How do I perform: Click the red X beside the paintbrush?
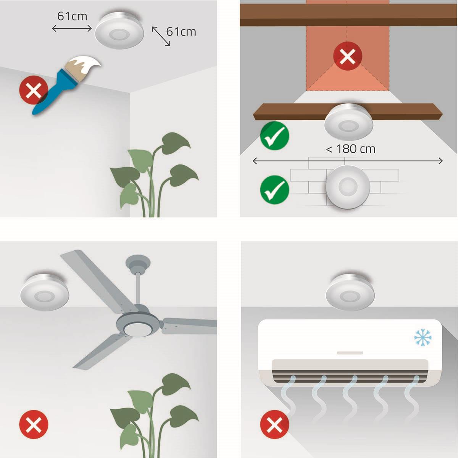pyautogui.click(x=34, y=90)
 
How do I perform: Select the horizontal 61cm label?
pyautogui.click(x=72, y=16)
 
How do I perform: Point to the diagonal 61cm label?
pyautogui.click(x=181, y=32)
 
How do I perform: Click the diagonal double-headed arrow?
pyautogui.click(x=161, y=36)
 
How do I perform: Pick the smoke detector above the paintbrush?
pyautogui.click(x=119, y=30)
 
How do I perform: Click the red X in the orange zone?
pyautogui.click(x=347, y=56)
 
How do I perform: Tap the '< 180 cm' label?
pyautogui.click(x=351, y=149)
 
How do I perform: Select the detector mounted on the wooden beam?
pyautogui.click(x=349, y=122)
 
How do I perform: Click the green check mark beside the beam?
pyautogui.click(x=275, y=135)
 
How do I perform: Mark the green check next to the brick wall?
pyautogui.click(x=275, y=190)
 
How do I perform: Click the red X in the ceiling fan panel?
pyautogui.click(x=34, y=424)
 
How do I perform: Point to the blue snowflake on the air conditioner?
pyautogui.click(x=423, y=337)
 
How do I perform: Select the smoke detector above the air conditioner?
pyautogui.click(x=350, y=292)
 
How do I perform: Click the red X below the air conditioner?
pyautogui.click(x=275, y=424)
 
